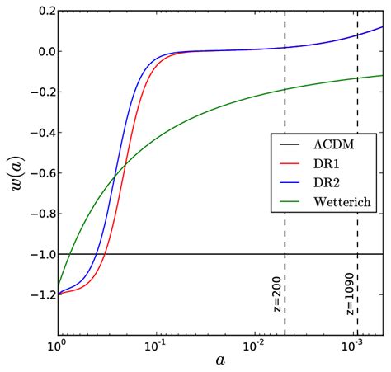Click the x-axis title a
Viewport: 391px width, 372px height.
220,360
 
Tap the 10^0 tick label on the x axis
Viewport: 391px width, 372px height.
58,344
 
